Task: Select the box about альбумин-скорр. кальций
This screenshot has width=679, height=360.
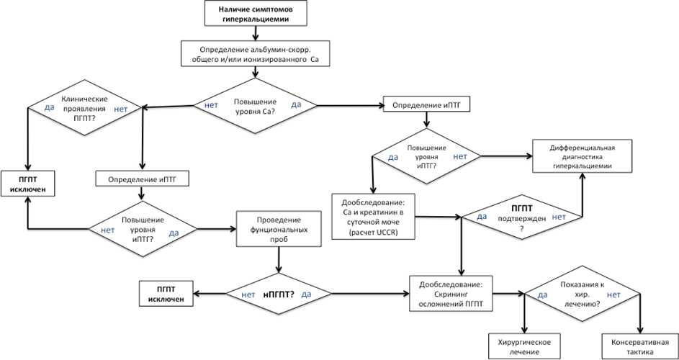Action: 255,53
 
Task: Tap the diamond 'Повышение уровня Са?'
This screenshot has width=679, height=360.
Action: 255,105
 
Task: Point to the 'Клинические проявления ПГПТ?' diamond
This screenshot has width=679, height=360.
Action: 85,107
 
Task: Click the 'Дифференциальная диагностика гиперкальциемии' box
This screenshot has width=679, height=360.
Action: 582,156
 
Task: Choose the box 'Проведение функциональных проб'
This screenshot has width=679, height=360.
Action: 279,229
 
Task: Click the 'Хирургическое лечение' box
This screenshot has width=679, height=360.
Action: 524,346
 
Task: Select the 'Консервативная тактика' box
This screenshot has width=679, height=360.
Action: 639,346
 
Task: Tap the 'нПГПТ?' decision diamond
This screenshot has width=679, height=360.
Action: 279,294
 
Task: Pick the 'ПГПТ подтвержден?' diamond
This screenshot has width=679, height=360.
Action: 522,217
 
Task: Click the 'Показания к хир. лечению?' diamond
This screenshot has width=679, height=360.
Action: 582,294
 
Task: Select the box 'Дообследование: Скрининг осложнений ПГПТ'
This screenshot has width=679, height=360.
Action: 451,293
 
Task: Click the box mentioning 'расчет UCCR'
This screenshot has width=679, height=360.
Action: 373,216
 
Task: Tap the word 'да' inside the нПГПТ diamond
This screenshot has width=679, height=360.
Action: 306,294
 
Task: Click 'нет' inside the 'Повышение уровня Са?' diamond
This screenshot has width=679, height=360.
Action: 211,105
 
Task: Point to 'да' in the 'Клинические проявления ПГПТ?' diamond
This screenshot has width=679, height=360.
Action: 50,107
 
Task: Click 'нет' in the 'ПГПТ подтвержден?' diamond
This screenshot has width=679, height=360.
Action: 559,217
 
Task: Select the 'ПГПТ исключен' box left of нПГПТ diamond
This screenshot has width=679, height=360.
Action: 166,294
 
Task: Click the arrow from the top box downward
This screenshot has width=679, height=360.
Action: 255,33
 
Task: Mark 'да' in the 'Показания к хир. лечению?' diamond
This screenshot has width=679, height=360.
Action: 543,295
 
